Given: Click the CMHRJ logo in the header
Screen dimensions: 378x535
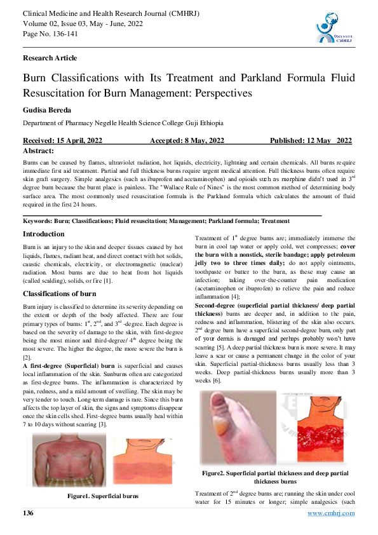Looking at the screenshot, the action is pos(334,28).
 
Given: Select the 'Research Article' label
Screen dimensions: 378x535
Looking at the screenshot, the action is pos(50,58).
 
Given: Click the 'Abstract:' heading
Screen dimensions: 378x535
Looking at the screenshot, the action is pos(39,151).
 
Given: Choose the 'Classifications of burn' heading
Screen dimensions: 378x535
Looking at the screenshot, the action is pos(58,293).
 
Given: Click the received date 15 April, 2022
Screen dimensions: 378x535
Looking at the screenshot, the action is pos(62,141).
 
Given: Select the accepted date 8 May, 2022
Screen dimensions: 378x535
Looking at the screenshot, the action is pos(187,141).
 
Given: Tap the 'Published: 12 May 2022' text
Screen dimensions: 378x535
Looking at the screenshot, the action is pos(311,141).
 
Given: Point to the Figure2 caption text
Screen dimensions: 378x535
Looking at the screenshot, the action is pos(275,477).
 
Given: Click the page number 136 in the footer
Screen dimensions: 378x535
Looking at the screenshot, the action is pos(28,513).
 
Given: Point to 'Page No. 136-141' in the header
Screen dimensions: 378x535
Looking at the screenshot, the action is pos(50,34).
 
